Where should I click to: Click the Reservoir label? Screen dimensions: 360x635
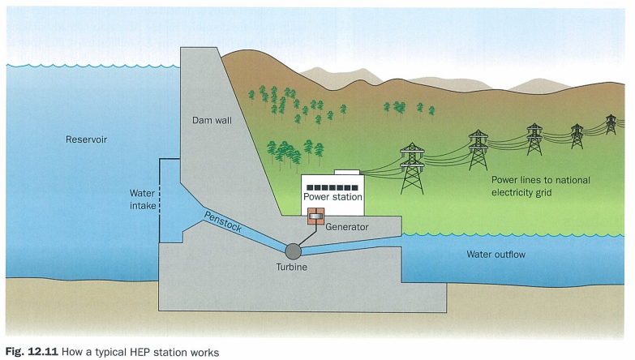tap(86, 139)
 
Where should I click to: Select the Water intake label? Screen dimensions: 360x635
tap(143, 199)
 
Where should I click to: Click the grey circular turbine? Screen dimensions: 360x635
tap(290, 250)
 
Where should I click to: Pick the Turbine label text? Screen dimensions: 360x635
tap(291, 268)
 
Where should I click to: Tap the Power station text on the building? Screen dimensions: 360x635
tap(333, 197)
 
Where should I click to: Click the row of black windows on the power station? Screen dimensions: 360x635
tap(333, 187)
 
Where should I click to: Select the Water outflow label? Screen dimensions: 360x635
tap(496, 255)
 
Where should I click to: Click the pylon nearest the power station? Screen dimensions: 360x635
tap(412, 168)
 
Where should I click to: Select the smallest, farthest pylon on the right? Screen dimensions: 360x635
tap(611, 123)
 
